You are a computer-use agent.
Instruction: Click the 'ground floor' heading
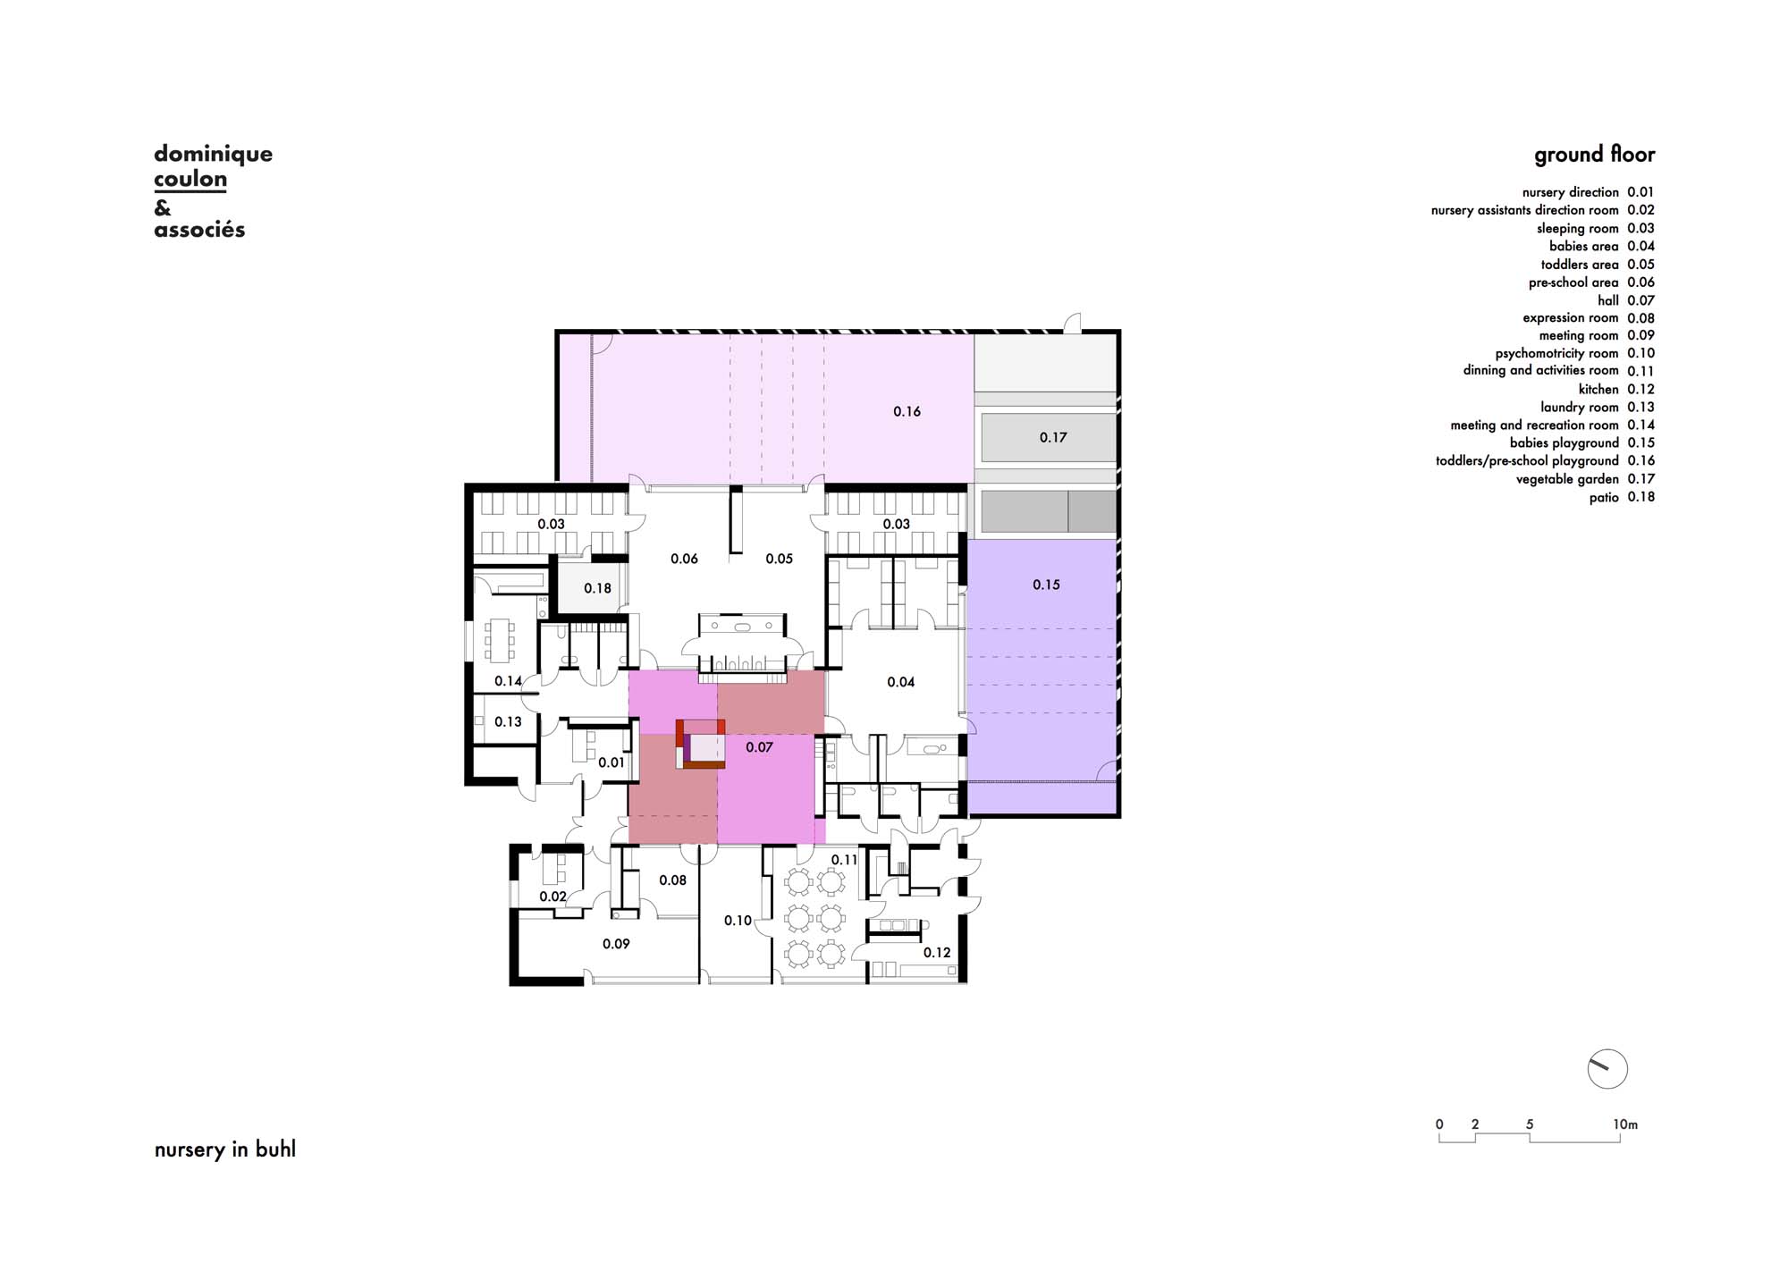click(1594, 155)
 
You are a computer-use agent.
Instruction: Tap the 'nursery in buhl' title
click(224, 1149)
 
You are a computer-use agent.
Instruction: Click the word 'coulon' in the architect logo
click(190, 179)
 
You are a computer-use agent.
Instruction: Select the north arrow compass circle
click(1607, 1068)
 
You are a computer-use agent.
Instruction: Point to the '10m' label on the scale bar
click(1625, 1124)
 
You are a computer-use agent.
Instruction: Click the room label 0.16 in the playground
click(907, 411)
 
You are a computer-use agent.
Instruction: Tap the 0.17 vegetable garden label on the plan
click(1053, 437)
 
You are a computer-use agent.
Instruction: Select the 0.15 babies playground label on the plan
click(1046, 585)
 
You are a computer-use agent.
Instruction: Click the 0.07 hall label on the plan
click(759, 747)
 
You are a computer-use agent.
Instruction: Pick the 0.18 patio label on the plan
click(597, 588)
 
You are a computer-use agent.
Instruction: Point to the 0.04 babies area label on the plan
click(900, 682)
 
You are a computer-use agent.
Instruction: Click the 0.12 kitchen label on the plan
click(937, 953)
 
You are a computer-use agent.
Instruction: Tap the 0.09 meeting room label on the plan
click(616, 944)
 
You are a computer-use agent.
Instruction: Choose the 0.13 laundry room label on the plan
click(508, 721)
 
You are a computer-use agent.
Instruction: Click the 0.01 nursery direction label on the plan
click(611, 762)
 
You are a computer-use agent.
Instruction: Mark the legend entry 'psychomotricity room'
click(1556, 354)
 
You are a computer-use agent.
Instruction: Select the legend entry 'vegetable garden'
click(1567, 479)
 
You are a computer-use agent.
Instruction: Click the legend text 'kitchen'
click(1598, 390)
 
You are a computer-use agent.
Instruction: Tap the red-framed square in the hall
click(700, 744)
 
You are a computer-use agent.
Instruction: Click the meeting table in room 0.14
click(499, 640)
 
